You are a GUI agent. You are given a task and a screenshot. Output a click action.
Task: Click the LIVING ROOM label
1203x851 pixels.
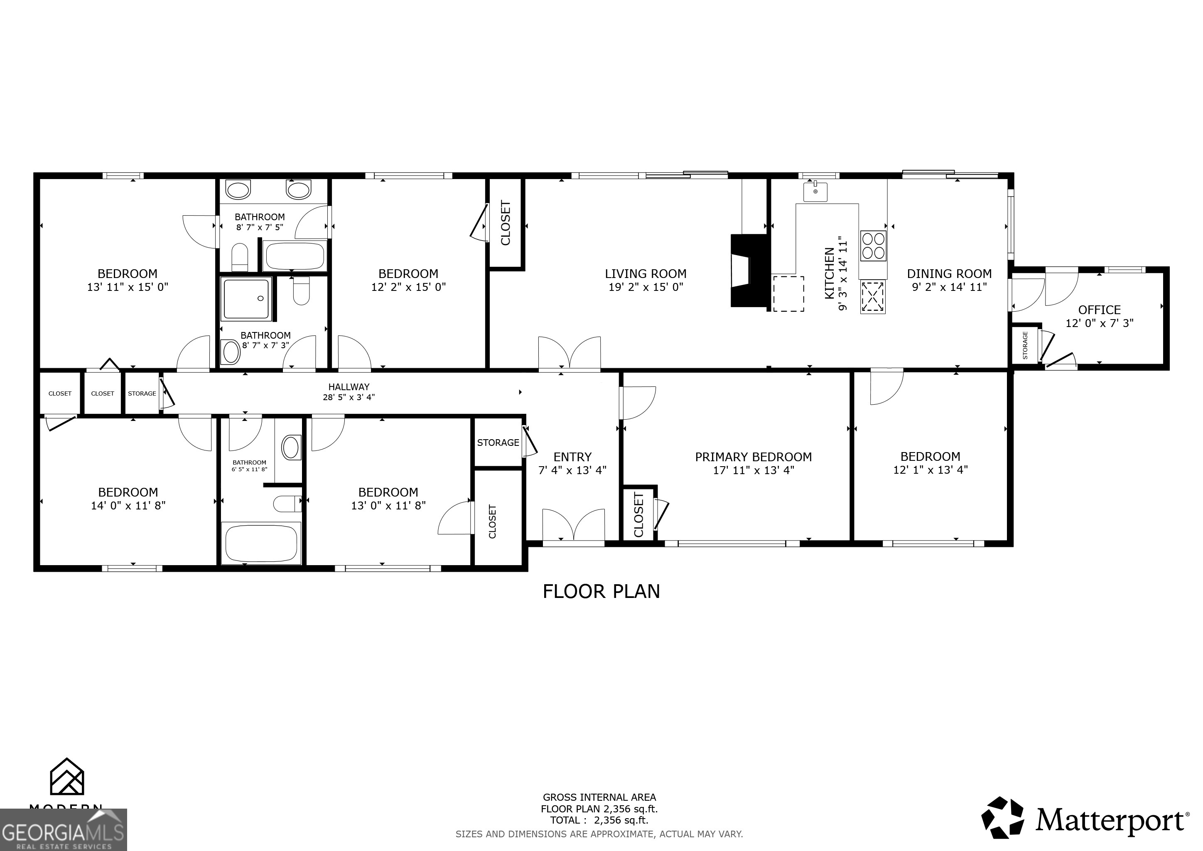pyautogui.click(x=646, y=273)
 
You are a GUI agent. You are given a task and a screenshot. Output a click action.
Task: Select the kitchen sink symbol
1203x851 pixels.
pyautogui.click(x=815, y=192)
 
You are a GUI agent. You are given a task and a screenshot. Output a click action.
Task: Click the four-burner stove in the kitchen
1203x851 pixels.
pyautogui.click(x=873, y=246)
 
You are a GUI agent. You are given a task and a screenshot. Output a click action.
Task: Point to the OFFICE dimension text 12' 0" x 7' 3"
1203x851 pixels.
pyautogui.click(x=1099, y=323)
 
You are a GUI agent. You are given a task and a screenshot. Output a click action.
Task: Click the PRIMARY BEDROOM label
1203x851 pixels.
pyautogui.click(x=753, y=457)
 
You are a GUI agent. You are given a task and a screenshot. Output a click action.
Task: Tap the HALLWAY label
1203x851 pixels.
pyautogui.click(x=349, y=387)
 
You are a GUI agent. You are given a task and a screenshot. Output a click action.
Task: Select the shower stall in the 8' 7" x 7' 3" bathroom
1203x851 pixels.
pyautogui.click(x=247, y=299)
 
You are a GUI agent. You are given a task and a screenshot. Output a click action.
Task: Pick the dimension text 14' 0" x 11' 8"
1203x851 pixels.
pyautogui.click(x=128, y=506)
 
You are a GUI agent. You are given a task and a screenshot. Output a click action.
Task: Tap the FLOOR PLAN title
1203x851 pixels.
pyautogui.click(x=601, y=592)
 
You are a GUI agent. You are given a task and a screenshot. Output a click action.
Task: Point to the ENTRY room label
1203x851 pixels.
pyautogui.click(x=572, y=457)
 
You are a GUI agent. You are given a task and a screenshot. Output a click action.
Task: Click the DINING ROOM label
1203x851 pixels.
pyautogui.click(x=949, y=273)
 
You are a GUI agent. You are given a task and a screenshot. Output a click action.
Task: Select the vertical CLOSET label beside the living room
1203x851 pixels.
pyautogui.click(x=506, y=223)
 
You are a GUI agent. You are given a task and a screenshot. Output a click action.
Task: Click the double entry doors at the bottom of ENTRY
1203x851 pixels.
pyautogui.click(x=573, y=525)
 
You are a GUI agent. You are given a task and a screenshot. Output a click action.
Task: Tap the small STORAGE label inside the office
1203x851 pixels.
pyautogui.click(x=1025, y=345)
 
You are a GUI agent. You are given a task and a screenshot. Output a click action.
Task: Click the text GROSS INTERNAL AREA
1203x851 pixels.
pyautogui.click(x=599, y=797)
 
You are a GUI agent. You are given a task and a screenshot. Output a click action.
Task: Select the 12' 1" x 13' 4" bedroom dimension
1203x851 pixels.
pyautogui.click(x=930, y=470)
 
